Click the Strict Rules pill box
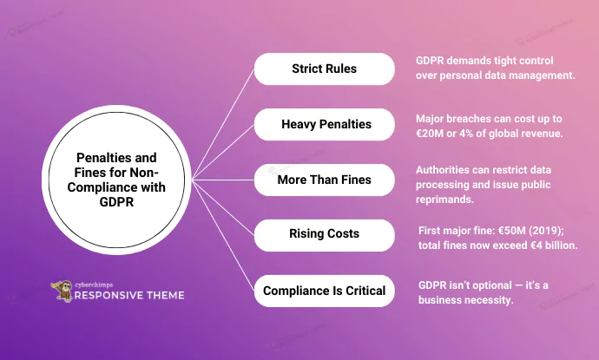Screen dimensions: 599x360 [x=325, y=69]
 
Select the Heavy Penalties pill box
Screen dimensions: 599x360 [x=325, y=124]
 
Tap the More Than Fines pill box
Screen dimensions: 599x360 [x=325, y=180]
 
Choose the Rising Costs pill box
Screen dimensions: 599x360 [x=325, y=235]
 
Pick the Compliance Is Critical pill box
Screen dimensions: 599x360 [x=325, y=291]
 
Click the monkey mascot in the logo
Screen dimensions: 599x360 [x=62, y=291]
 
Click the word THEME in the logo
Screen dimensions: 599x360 [x=165, y=295]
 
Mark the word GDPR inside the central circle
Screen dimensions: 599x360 [x=116, y=202]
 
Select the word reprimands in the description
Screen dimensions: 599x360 [x=444, y=200]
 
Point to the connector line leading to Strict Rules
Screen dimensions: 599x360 [x=223, y=124]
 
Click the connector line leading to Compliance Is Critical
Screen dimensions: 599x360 [x=223, y=235]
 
